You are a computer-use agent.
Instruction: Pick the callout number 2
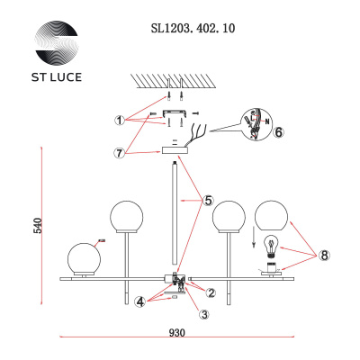pyautogui.click(x=211, y=292)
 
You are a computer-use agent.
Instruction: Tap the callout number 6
pyautogui.click(x=279, y=131)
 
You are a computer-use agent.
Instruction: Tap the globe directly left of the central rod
pyautogui.click(x=127, y=219)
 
